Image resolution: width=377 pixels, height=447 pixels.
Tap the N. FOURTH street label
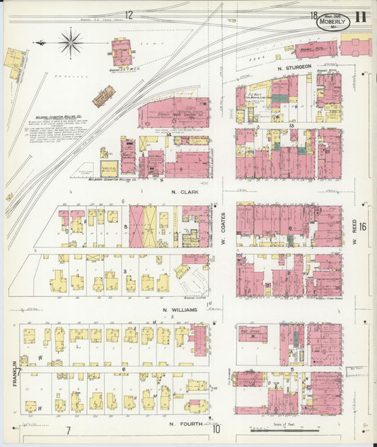[x=186, y=424]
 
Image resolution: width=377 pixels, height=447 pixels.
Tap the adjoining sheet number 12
[x=129, y=15]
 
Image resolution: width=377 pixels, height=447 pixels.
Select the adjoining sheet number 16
[x=362, y=226]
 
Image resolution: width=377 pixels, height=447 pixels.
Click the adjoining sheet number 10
[x=216, y=429]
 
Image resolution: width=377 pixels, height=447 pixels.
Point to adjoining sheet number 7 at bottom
[x=69, y=429]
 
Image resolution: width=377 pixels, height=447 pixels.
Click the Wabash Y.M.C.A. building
[x=121, y=52]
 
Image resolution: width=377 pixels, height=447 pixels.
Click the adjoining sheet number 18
[x=312, y=15]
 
